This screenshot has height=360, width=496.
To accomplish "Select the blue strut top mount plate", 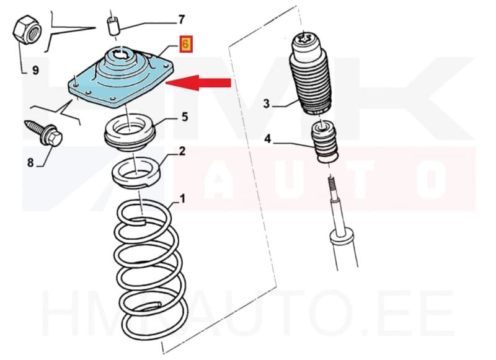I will [x=121, y=81].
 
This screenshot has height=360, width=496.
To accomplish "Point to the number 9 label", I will [x=35, y=71].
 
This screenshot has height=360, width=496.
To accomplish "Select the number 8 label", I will [x=30, y=164].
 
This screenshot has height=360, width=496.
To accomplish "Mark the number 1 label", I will [x=182, y=200].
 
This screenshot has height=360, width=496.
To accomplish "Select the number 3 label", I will [x=266, y=104].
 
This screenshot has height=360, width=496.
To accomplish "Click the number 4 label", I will [x=267, y=140].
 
